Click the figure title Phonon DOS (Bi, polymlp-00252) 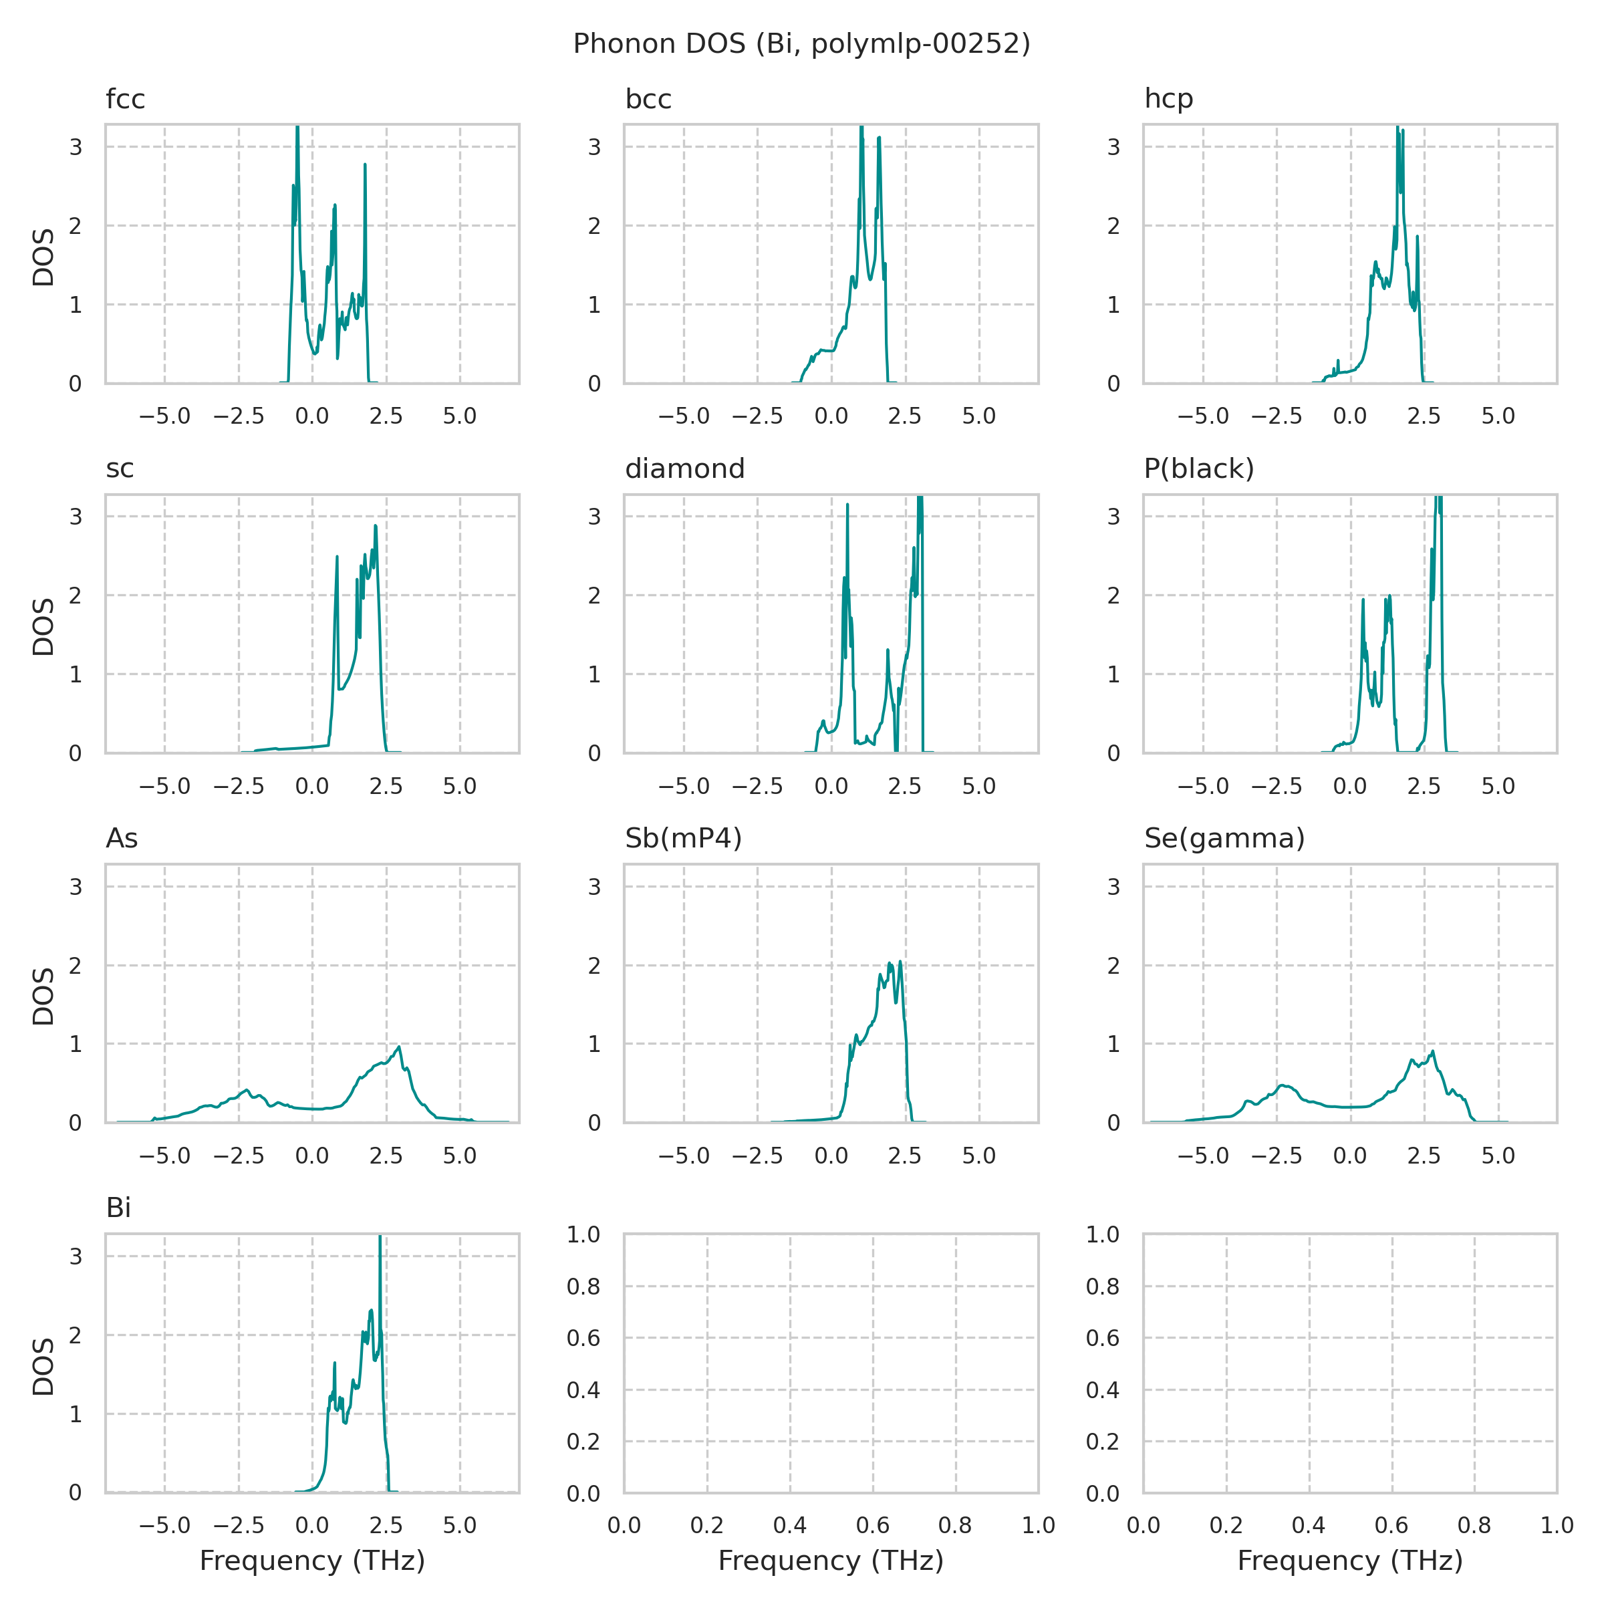pyautogui.click(x=801, y=44)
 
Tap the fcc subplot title pyautogui.click(x=126, y=99)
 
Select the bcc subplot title pyautogui.click(x=648, y=99)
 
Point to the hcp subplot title pyautogui.click(x=1168, y=99)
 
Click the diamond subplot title pyautogui.click(x=684, y=469)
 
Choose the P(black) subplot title pyautogui.click(x=1199, y=469)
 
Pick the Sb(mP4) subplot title pyautogui.click(x=683, y=839)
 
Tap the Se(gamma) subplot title pyautogui.click(x=1224, y=839)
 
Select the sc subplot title pyautogui.click(x=120, y=469)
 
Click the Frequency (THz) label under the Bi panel pyautogui.click(x=312, y=1561)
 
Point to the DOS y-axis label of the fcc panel pyautogui.click(x=43, y=257)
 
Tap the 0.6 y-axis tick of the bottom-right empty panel pyautogui.click(x=1103, y=1337)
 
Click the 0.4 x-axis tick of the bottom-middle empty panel pyautogui.click(x=789, y=1525)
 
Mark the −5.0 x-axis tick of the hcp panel pyautogui.click(x=1203, y=416)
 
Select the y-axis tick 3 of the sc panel pyautogui.click(x=76, y=517)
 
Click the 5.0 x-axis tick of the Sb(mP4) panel pyautogui.click(x=979, y=1156)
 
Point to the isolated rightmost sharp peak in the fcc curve pyautogui.click(x=364, y=166)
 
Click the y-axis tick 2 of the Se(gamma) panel pyautogui.click(x=1113, y=966)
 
